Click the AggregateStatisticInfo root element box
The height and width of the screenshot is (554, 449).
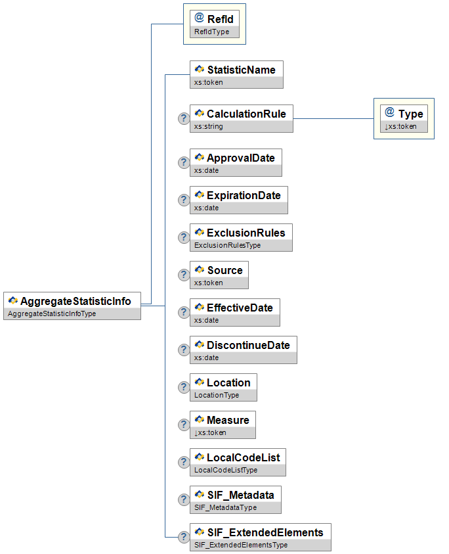pos(72,306)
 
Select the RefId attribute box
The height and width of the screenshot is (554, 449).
pos(214,25)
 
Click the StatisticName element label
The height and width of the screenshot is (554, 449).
pos(241,70)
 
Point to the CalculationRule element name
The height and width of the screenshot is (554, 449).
pos(246,114)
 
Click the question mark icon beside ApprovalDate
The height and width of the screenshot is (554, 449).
pos(184,163)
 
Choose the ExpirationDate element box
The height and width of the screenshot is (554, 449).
pos(239,200)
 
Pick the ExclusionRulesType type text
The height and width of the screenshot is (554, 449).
pos(227,245)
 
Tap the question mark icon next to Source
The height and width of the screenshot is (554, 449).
pos(184,275)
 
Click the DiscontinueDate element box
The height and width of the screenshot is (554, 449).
pos(244,350)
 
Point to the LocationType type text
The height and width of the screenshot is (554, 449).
pos(217,395)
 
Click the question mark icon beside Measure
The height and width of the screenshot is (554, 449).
pos(184,425)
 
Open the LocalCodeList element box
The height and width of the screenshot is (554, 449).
pos(238,462)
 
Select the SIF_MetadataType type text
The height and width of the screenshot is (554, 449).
pos(225,507)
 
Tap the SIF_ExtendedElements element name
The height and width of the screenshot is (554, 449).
pos(265,532)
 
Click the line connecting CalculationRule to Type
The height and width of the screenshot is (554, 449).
pos(333,119)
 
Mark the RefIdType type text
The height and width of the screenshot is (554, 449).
pos(211,32)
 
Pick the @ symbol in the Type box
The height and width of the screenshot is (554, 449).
pos(389,113)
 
